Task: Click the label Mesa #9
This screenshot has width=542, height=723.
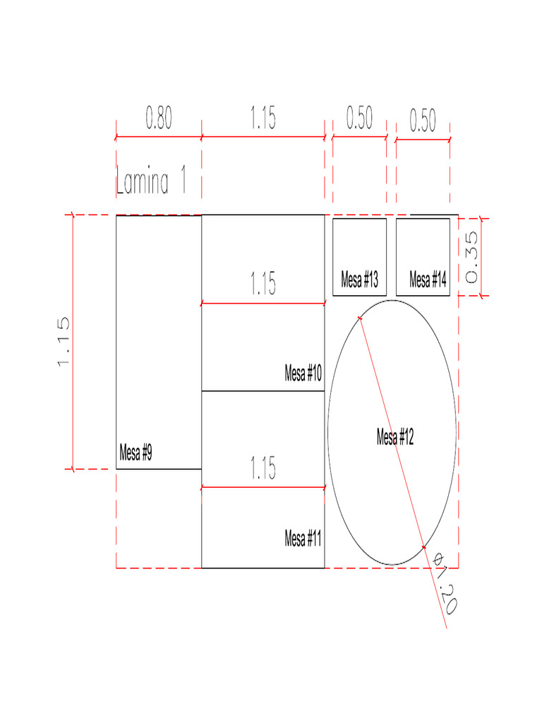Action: (135, 453)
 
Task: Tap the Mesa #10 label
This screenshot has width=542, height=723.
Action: (303, 373)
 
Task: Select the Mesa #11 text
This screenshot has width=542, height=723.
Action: (303, 538)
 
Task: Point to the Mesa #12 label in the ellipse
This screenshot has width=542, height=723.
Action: (395, 436)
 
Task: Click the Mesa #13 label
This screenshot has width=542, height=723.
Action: (359, 280)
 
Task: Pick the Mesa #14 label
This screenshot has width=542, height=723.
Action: (428, 280)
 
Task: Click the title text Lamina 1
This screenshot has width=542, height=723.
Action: (151, 180)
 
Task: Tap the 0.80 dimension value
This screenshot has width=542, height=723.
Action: (159, 118)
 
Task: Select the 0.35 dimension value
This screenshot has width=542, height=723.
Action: (471, 257)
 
